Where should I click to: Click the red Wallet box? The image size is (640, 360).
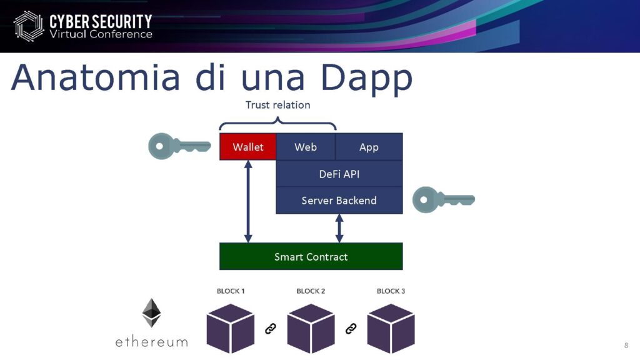pos(247,146)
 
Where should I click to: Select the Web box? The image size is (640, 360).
pos(306,146)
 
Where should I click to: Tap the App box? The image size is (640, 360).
pos(369,146)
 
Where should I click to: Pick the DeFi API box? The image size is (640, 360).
pos(339,174)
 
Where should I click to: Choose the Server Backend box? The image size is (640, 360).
pos(339,201)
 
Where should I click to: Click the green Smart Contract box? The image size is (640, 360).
pos(311,256)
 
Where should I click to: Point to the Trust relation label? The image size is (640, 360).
pos(277,105)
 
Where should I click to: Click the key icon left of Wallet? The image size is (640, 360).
pos(179,146)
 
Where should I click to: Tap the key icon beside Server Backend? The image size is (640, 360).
pos(443,199)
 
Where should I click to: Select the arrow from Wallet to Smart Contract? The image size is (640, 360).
pos(248,201)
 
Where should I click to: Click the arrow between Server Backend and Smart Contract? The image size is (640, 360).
pos(339,228)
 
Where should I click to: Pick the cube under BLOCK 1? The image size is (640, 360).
pos(231,328)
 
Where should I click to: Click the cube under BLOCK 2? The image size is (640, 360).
pos(311,328)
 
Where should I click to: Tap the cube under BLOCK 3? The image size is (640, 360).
pos(391,328)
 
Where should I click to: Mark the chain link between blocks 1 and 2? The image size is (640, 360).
pos(271,329)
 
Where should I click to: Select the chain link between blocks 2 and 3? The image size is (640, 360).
pos(351,329)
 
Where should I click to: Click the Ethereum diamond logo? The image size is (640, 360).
pos(151,312)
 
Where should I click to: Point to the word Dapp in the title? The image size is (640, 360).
pos(366,77)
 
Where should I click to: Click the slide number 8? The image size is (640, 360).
pos(626,345)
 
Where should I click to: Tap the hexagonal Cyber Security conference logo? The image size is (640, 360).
pos(29,26)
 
